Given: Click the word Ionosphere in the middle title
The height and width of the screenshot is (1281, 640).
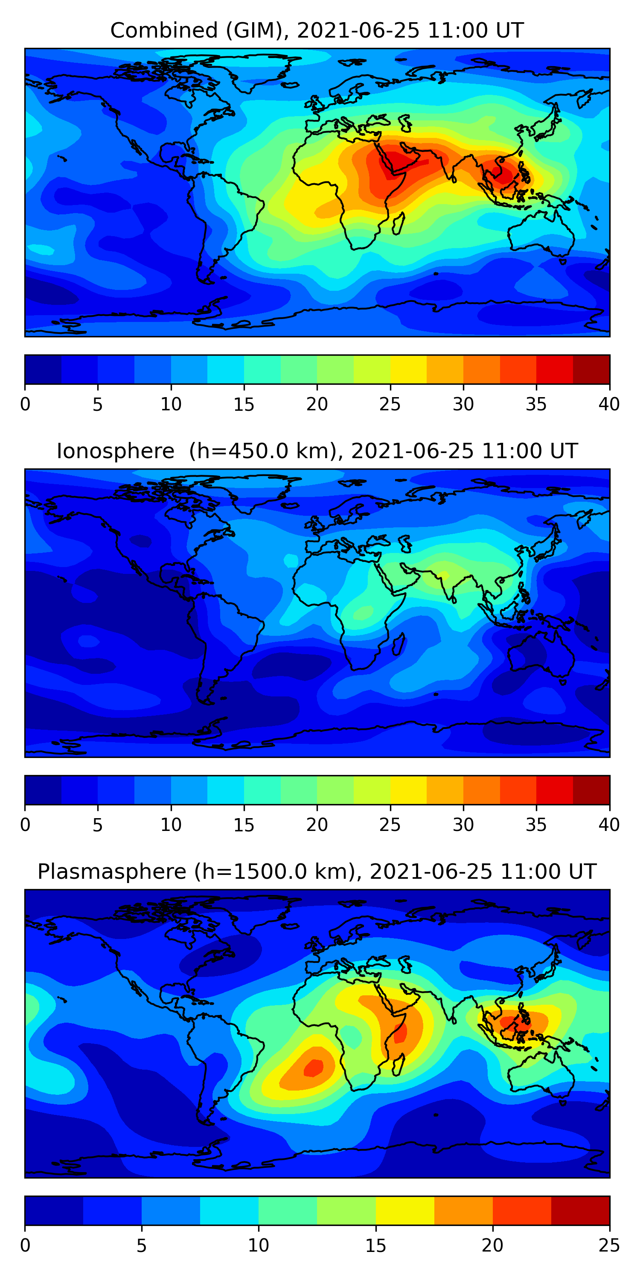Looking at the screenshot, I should [115, 451].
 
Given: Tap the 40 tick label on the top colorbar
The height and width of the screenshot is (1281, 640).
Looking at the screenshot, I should [609, 404].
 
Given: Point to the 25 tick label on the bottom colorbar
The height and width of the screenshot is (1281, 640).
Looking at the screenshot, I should [609, 1245].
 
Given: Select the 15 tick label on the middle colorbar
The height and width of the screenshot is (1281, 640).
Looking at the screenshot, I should [244, 825].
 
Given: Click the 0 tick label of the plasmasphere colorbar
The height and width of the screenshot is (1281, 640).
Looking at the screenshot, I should [25, 1245].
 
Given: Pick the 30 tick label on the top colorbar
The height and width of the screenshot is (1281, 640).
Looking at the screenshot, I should [463, 404].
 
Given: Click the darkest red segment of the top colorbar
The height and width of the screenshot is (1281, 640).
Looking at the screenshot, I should [591, 369].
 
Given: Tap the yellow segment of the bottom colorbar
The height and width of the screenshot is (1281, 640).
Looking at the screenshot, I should [405, 1211].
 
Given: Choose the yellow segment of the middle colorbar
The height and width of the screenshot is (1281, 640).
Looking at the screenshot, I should [408, 790].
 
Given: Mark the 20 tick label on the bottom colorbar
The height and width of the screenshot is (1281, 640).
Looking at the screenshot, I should [492, 1245].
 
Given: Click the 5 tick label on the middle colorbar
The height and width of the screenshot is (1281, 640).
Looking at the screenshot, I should [97, 825].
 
